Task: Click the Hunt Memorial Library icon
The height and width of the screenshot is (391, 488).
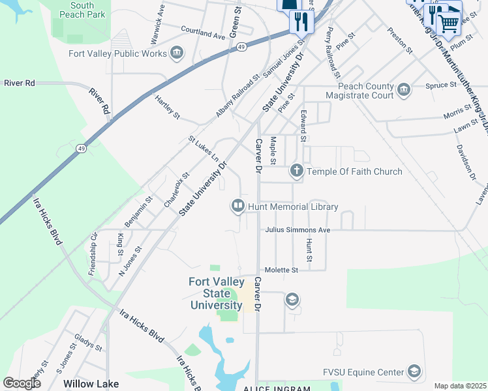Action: click(x=238, y=207)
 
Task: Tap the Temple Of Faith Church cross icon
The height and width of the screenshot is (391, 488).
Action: click(x=297, y=171)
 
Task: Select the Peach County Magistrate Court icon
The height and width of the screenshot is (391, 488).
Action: click(x=403, y=89)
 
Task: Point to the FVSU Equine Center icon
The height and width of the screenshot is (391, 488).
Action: click(x=413, y=372)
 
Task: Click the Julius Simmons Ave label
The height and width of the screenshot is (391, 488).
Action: click(x=297, y=230)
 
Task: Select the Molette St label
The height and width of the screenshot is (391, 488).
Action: click(x=281, y=269)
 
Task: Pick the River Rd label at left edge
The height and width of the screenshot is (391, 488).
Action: click(x=19, y=83)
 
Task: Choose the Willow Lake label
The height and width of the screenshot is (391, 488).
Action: click(x=91, y=384)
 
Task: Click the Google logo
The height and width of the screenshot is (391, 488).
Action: click(x=22, y=383)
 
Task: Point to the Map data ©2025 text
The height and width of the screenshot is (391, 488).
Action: click(x=461, y=386)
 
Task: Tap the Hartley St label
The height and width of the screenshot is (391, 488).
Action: click(x=167, y=106)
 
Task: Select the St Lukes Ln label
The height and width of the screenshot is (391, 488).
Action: click(x=204, y=149)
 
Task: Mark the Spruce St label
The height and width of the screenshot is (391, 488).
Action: click(x=442, y=85)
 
